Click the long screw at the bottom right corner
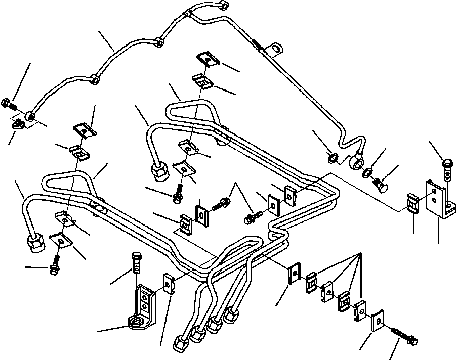click(x=404, y=336)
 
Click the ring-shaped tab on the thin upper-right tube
click(x=276, y=50)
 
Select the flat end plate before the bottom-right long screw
click(x=378, y=322)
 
